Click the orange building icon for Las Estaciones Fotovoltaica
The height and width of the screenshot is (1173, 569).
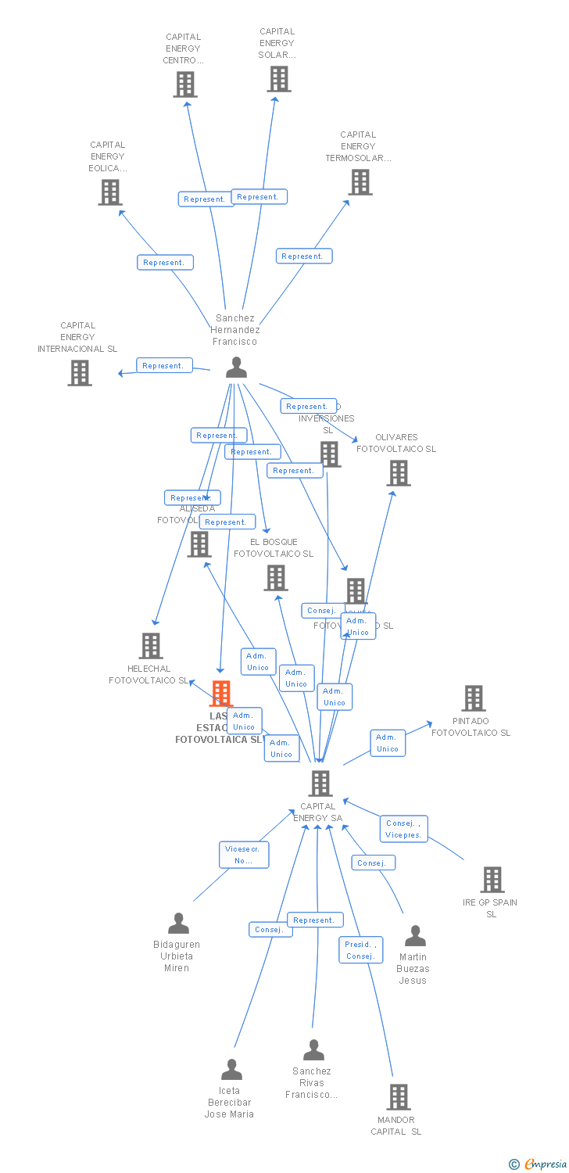click(x=222, y=693)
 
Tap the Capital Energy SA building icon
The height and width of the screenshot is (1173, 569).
click(x=320, y=783)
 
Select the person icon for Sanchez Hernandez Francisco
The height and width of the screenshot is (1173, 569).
click(x=236, y=367)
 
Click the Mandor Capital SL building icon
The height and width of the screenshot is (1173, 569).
click(x=399, y=1096)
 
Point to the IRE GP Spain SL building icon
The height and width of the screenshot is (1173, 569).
click(x=492, y=880)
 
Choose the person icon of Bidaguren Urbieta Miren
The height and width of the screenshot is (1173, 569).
click(x=178, y=924)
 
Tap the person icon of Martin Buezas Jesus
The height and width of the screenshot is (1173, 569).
click(x=415, y=936)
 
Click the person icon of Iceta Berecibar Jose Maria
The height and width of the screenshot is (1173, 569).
click(x=231, y=1069)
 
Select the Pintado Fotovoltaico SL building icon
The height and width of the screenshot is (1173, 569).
click(x=474, y=698)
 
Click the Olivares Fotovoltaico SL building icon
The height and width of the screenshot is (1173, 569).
click(x=399, y=473)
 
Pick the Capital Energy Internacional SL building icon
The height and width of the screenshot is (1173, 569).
click(x=80, y=373)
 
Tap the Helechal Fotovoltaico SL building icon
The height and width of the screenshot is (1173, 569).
click(x=151, y=646)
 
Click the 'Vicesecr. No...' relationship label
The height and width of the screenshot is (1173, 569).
click(x=244, y=855)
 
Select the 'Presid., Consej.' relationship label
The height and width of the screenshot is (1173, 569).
click(x=360, y=950)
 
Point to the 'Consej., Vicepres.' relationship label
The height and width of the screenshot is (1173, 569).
click(x=403, y=829)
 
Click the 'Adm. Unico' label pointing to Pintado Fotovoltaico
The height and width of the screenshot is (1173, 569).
click(x=388, y=743)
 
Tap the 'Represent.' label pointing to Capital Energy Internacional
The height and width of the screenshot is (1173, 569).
click(x=163, y=365)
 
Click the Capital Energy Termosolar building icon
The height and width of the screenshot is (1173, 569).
click(x=360, y=182)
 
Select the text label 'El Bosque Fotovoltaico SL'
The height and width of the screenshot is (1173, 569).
click(x=274, y=547)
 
